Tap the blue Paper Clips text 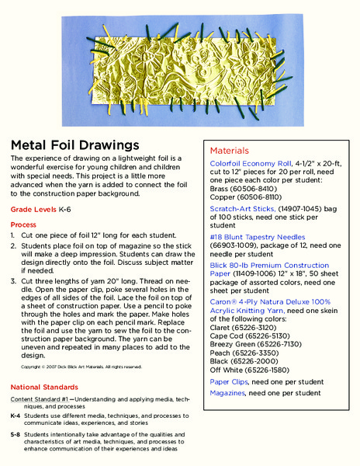point(230,381)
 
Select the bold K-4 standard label point(15,416)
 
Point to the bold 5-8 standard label point(15,435)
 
